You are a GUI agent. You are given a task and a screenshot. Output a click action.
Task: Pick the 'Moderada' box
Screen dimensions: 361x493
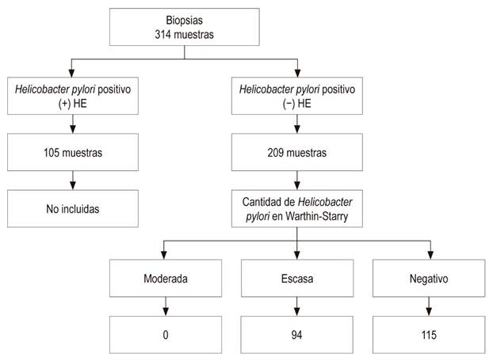166,279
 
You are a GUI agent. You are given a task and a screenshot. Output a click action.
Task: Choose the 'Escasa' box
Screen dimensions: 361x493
297,279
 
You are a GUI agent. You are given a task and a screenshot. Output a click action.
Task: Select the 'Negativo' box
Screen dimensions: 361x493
429,279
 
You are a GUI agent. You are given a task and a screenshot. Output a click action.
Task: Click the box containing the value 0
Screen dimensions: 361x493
166,333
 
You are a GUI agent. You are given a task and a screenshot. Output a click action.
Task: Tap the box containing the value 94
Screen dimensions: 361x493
297,333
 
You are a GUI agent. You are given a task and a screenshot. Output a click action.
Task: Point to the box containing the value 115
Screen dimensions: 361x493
429,333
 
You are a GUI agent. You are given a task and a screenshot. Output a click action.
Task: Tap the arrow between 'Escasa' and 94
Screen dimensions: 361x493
297,306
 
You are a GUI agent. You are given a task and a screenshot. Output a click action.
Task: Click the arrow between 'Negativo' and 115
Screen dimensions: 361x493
429,306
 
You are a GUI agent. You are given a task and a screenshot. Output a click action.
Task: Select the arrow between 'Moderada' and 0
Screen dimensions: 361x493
166,306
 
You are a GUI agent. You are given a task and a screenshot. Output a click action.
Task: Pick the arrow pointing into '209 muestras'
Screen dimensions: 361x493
297,123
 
